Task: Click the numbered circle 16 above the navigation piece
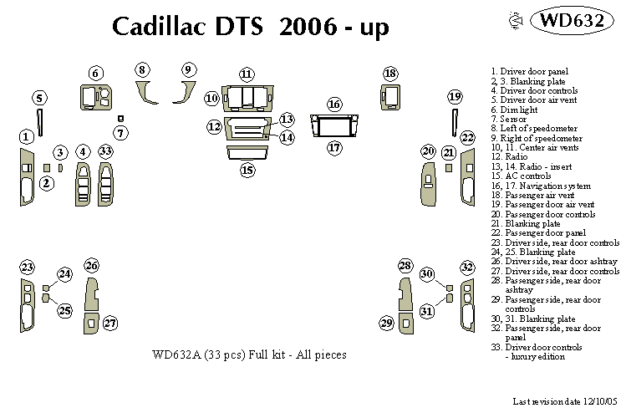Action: pos(334,105)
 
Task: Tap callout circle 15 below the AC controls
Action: pos(247,171)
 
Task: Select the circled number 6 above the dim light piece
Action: pos(95,74)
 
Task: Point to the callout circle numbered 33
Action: pos(105,151)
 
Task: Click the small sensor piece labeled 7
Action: pos(121,119)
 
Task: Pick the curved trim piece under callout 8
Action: pos(148,92)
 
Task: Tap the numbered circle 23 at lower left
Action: pos(28,268)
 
